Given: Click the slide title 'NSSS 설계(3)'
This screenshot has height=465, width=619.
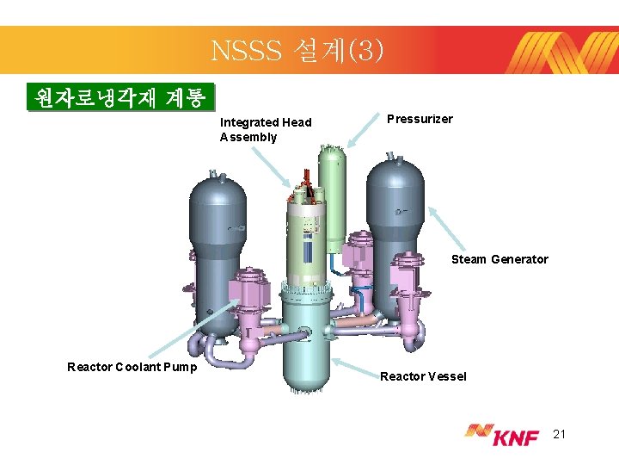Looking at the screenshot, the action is coord(292,51).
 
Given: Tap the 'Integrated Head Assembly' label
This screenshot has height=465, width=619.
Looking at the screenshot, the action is coord(266,129).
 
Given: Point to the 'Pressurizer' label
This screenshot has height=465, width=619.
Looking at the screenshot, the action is coord(420,119).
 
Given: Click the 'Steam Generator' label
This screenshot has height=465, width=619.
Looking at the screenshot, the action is coord(499,259).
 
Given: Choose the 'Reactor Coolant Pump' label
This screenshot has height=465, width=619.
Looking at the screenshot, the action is coord(132,368).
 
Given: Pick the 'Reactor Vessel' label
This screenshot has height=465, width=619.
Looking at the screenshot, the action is coord(423,376).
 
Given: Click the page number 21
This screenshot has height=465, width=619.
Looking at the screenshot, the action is coord(559,435).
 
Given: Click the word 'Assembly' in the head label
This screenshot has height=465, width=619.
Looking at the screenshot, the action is coord(248,137).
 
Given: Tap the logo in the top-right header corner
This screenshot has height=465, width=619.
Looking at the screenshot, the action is coord(564,51).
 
